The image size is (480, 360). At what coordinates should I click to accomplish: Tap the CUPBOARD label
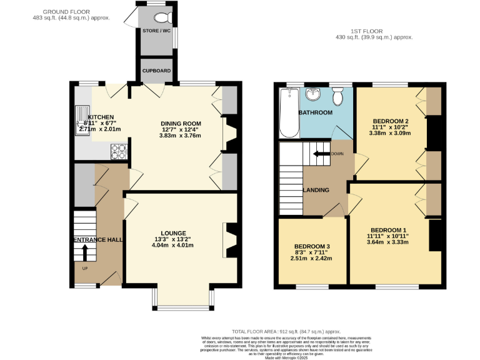point(156,71)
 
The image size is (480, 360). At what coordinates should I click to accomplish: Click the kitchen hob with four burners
point(119,151)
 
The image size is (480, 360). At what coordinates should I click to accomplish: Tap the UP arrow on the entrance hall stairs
point(85,252)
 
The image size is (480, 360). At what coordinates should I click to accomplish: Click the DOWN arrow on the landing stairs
point(321,154)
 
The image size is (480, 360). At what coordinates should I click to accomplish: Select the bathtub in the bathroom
point(289,112)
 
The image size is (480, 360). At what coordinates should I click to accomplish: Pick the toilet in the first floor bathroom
point(337,97)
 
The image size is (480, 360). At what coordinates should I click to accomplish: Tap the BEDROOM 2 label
point(390,121)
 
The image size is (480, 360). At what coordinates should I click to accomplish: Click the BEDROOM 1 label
point(387,229)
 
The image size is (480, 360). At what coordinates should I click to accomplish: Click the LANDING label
point(316,190)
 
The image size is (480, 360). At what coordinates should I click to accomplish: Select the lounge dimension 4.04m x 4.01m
point(172,246)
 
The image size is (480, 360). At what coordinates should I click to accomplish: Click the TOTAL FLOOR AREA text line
point(286,331)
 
